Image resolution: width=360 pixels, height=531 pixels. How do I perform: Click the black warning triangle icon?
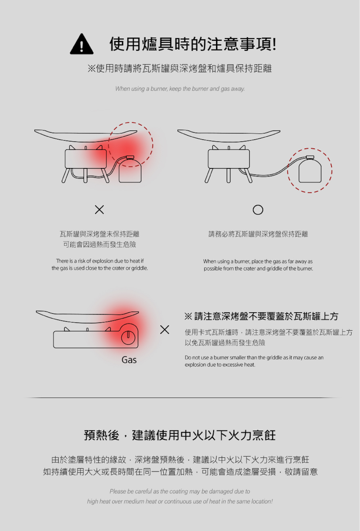pyautogui.click(x=81, y=44)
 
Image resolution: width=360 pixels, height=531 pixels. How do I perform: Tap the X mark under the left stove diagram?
pyautogui.click(x=99, y=210)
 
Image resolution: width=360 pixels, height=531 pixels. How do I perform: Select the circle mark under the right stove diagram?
pyautogui.click(x=258, y=210)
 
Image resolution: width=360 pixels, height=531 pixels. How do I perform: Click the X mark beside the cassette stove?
pyautogui.click(x=165, y=330)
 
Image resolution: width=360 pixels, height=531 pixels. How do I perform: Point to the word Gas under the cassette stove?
pyautogui.click(x=129, y=360)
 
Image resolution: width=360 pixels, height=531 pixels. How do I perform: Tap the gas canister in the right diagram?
pyautogui.click(x=310, y=169)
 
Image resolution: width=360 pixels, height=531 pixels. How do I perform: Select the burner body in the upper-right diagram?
pyautogui.click(x=229, y=159)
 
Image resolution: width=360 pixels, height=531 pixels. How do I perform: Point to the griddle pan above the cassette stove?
pyautogui.click(x=87, y=317)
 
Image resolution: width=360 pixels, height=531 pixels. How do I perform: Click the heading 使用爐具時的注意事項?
pyautogui.click(x=193, y=44)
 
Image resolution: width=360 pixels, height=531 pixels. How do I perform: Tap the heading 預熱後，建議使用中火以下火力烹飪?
pyautogui.click(x=180, y=435)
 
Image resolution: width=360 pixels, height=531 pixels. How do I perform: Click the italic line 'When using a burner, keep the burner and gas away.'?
pyautogui.click(x=180, y=89)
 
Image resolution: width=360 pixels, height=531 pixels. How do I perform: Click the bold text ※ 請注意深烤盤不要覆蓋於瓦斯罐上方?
pyautogui.click(x=261, y=316)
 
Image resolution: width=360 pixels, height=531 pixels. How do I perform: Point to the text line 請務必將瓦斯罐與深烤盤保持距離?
pyautogui.click(x=258, y=234)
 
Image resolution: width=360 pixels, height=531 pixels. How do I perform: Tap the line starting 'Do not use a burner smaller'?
pyautogui.click(x=254, y=357)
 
